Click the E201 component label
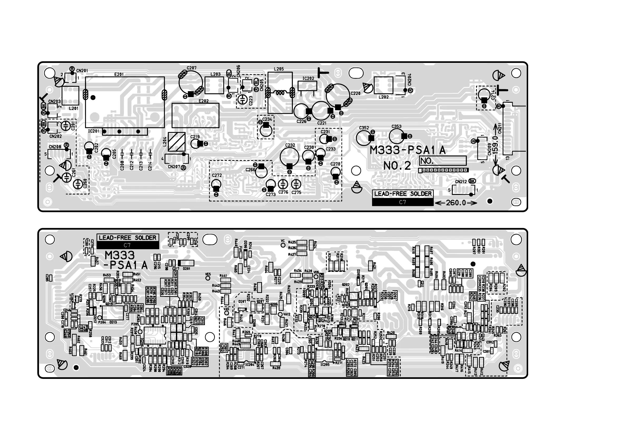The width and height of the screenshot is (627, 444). [x=119, y=74]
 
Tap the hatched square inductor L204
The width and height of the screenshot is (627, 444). [x=176, y=142]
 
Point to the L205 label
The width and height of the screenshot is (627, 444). [x=279, y=69]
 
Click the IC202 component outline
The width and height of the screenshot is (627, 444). [x=308, y=86]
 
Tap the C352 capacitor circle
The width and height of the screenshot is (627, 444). [x=364, y=138]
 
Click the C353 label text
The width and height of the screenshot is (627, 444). [x=397, y=126]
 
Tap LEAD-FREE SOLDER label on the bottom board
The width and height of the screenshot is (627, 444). [x=127, y=238]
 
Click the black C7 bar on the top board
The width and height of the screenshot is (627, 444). [x=403, y=202]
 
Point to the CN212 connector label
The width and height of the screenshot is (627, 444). [x=461, y=182]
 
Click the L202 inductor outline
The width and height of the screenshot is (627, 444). [x=383, y=86]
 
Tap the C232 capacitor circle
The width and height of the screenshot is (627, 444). [x=289, y=157]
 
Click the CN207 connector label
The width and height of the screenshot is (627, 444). [x=174, y=167]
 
